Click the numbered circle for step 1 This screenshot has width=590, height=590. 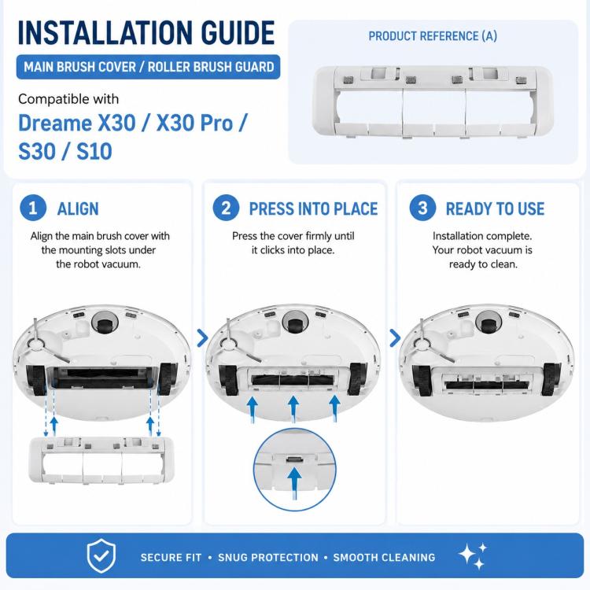point(33,208)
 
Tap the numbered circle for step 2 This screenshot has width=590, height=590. point(226,208)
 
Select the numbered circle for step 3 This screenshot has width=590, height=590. point(422,208)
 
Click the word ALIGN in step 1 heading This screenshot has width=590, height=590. point(78,208)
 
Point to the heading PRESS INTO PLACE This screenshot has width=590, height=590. point(313,208)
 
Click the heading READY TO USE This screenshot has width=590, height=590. point(495,208)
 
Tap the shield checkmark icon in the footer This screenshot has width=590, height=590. point(101,555)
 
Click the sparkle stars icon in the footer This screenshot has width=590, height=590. point(473,555)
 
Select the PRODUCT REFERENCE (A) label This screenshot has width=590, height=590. point(433,36)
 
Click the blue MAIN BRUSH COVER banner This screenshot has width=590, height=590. point(148,67)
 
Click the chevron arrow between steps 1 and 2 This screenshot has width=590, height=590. point(202,338)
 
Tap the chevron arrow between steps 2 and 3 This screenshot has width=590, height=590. point(395,338)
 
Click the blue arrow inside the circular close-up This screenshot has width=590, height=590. point(294,484)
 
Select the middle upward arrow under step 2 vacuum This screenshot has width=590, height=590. point(293,409)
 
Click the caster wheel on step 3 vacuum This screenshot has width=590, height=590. point(489,323)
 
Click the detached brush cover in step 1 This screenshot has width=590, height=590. point(101,460)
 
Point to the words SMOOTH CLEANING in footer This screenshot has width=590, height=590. point(384,557)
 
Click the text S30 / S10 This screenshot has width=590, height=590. point(65,152)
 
